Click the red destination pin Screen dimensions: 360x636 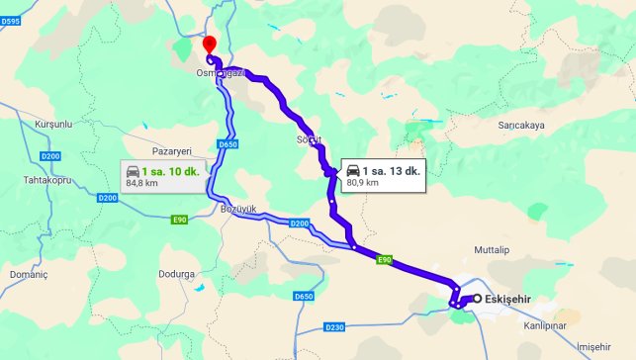click(209, 45)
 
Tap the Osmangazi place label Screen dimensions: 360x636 click(219, 73)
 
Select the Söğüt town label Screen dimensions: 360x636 click(309, 139)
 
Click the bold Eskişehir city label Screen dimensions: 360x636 click(510, 299)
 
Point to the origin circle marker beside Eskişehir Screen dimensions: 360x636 click(477, 299)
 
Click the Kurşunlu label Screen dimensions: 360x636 click(54, 125)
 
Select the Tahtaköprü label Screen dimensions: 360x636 click(50, 179)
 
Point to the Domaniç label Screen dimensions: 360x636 click(28, 272)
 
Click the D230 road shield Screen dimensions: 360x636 click(335, 325)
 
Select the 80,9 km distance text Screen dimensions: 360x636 click(363, 182)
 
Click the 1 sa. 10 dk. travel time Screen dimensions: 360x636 click(172, 171)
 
